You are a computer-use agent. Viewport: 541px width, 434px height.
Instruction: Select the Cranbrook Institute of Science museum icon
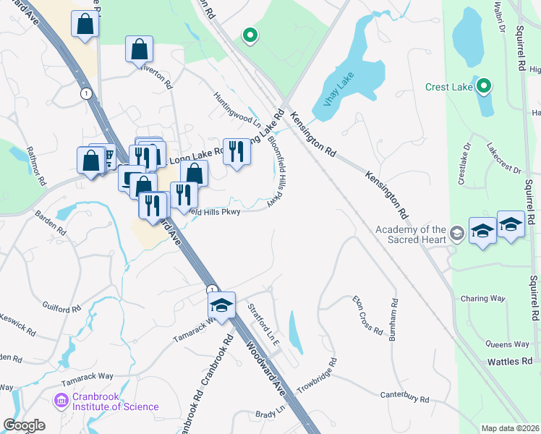(x=61, y=399)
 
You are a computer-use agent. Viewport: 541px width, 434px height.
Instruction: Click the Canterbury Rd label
(x=405, y=397)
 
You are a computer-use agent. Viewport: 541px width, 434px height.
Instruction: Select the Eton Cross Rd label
(x=367, y=315)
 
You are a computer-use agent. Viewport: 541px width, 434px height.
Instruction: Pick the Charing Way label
(x=483, y=298)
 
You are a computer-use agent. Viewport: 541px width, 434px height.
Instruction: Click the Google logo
(x=24, y=425)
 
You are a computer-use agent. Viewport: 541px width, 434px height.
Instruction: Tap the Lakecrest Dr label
(x=503, y=161)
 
